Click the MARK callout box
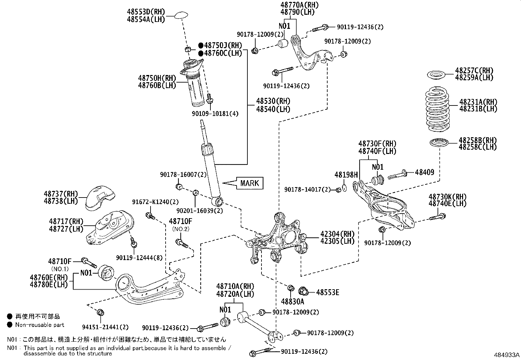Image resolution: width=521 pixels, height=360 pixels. [x=249, y=183]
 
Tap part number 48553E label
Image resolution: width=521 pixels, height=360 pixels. [x=328, y=293]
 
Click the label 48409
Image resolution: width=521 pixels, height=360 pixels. [x=424, y=172]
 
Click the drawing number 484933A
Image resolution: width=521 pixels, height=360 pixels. [x=507, y=355]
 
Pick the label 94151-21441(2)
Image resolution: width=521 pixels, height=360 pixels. [x=105, y=327]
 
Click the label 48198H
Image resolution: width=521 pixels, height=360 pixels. [x=346, y=175]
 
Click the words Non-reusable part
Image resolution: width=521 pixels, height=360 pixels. [x=40, y=325]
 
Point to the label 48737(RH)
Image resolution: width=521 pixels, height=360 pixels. [x=61, y=194]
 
